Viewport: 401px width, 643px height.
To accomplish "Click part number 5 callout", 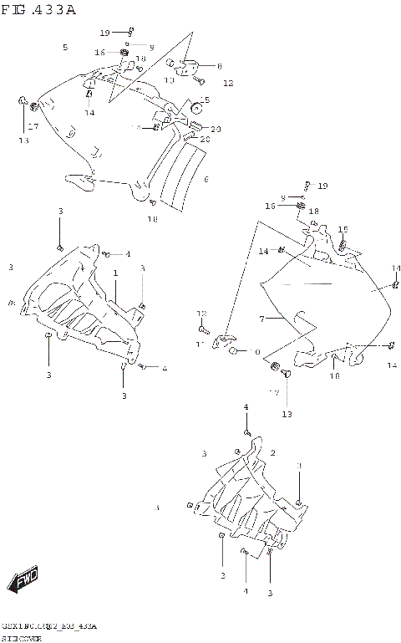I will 64,48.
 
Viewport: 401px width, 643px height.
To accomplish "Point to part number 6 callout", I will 206,179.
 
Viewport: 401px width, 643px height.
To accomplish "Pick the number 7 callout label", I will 261,319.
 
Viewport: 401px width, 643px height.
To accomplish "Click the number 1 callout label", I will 115,273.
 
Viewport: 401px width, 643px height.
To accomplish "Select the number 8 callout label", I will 220,65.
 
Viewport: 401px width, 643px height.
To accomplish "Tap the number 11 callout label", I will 200,344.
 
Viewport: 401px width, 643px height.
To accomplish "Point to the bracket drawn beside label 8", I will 188,64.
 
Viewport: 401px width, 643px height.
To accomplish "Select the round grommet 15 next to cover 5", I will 198,106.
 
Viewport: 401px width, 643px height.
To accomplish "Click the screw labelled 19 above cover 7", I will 307,185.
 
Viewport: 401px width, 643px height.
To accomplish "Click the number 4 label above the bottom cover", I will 246,406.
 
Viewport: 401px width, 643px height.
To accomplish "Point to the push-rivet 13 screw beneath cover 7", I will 287,377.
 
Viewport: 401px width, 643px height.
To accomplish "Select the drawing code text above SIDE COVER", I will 50,626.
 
